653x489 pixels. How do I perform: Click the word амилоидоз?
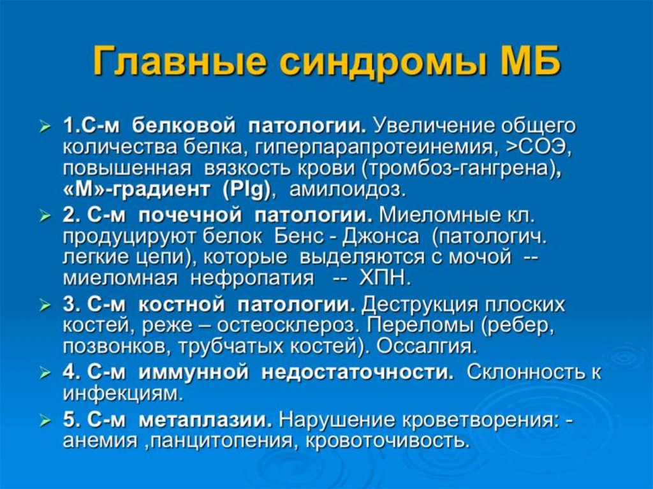point(348,190)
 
